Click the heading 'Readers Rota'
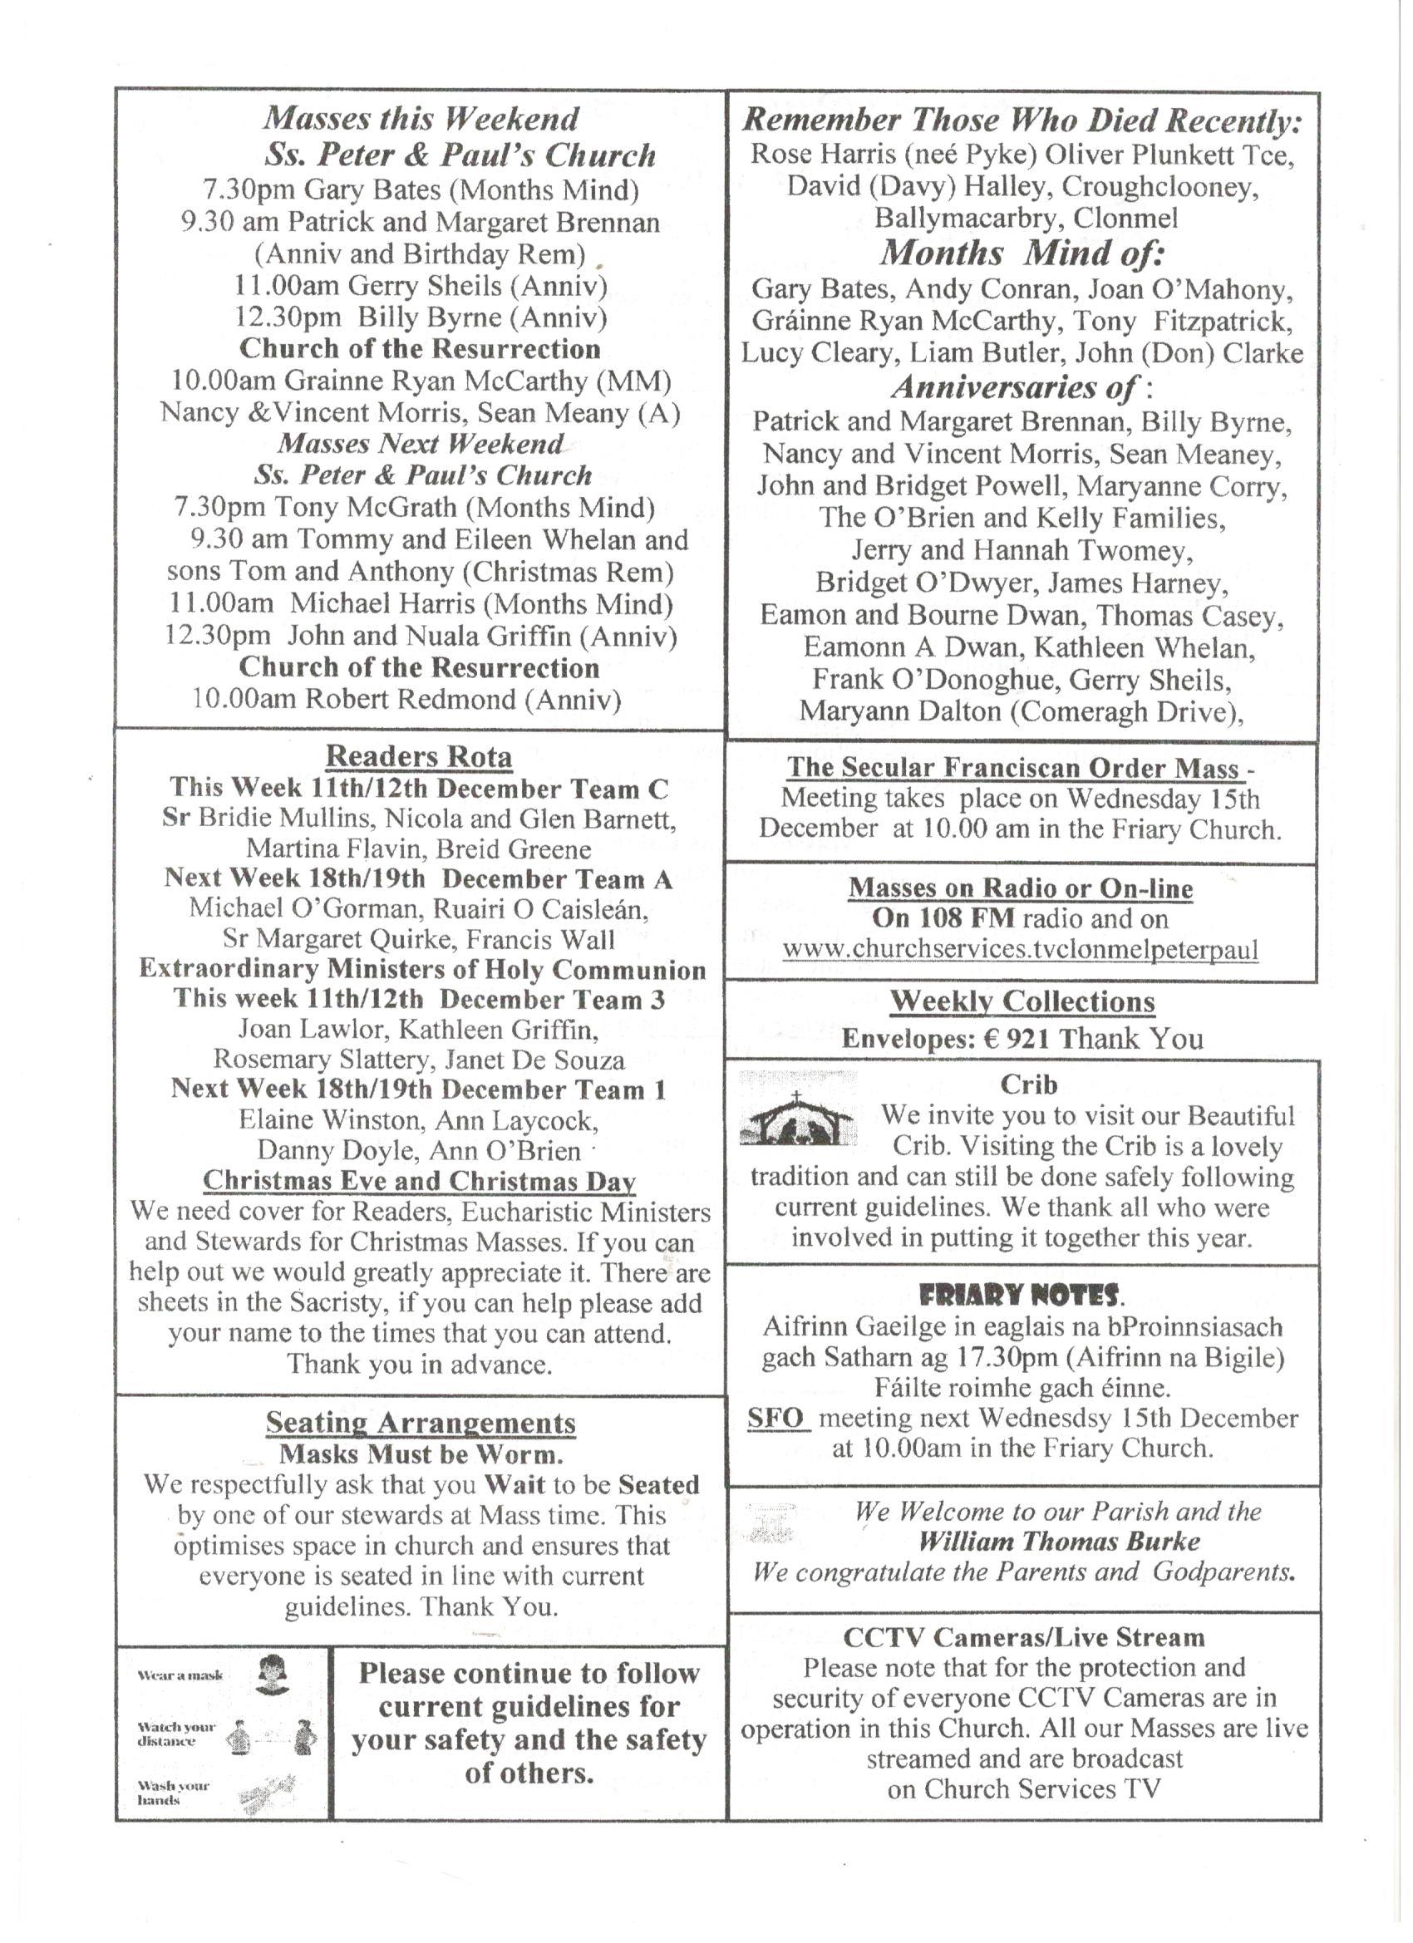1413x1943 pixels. pyautogui.click(x=418, y=756)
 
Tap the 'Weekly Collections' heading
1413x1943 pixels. pyautogui.click(x=1022, y=1001)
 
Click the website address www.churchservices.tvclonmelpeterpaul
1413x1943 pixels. pyautogui.click(x=1020, y=950)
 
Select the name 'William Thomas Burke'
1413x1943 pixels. pyautogui.click(x=1058, y=1542)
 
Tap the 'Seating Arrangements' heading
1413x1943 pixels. pyautogui.click(x=420, y=1423)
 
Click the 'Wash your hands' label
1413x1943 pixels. pyautogui.click(x=173, y=1793)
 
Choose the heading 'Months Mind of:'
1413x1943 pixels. pyautogui.click(x=1022, y=253)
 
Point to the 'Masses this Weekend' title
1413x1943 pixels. pyautogui.click(x=420, y=118)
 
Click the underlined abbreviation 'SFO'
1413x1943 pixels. pyautogui.click(x=776, y=1418)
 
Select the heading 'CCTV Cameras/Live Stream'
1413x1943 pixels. pyautogui.click(x=1023, y=1637)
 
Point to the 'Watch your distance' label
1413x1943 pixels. pyautogui.click(x=176, y=1734)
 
